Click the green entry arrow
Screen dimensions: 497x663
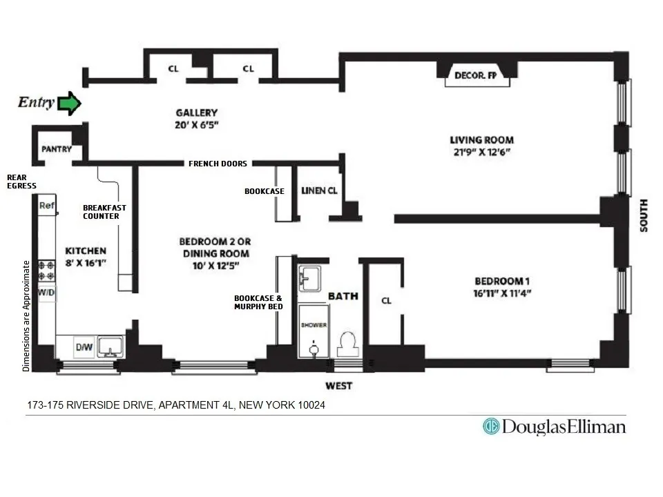click(68, 104)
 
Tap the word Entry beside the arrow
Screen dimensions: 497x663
click(35, 103)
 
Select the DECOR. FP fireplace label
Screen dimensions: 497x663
click(475, 76)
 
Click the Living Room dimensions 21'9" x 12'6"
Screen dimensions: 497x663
click(481, 153)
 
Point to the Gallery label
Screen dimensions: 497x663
click(196, 113)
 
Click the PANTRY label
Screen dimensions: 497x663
click(57, 149)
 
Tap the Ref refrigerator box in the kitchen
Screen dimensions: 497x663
click(46, 205)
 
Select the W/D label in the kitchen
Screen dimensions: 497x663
click(46, 292)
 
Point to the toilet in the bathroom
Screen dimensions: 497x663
click(347, 343)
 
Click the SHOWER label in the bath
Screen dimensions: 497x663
click(314, 324)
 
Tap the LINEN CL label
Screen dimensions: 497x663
click(319, 191)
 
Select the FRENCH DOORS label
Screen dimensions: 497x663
click(218, 164)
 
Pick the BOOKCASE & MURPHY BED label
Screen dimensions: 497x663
click(258, 302)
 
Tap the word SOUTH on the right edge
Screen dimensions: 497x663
click(644, 215)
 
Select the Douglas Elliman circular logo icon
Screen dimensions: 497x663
click(491, 427)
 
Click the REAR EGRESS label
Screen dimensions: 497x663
click(21, 182)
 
